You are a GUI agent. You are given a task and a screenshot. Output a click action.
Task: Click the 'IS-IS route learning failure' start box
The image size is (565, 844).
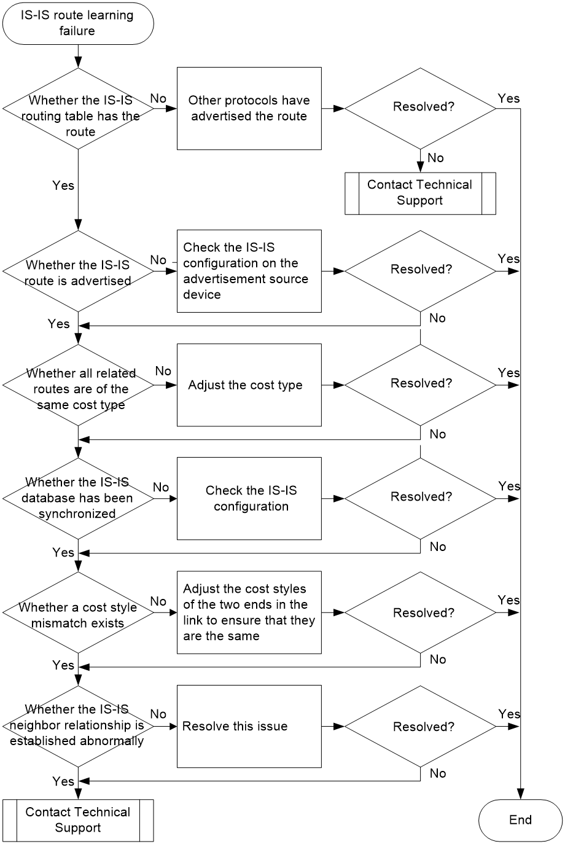pos(78,23)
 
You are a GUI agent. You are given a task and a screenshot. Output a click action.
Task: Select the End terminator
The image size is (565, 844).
pos(520,820)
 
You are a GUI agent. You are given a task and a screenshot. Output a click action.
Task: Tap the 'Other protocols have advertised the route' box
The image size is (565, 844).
pos(249,109)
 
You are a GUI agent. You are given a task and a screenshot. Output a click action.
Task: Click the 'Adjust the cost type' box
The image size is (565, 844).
pos(249,385)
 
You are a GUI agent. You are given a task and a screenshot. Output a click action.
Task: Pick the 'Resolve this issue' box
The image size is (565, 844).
pos(249,726)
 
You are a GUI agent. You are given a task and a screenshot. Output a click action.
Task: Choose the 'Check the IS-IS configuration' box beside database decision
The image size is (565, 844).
pos(249,499)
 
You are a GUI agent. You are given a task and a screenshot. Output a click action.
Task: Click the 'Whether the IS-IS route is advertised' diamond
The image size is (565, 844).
pos(78,272)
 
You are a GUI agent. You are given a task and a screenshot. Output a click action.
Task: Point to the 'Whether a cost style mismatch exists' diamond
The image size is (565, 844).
pos(78,612)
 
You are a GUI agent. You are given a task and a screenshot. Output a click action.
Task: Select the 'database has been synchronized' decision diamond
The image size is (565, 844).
pos(78,499)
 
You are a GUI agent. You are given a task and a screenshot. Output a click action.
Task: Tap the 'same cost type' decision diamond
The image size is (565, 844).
pos(78,385)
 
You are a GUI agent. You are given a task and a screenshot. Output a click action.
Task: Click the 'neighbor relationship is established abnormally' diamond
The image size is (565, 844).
pos(78,726)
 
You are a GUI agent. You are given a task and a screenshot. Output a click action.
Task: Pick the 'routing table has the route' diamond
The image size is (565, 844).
pos(78,109)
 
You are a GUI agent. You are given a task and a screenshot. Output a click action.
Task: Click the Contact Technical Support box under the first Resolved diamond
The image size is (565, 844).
pos(420,193)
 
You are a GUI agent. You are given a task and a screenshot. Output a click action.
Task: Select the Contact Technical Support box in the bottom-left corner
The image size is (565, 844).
pos(78,820)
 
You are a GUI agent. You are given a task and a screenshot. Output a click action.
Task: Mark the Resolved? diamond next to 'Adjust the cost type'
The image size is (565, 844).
pos(420,385)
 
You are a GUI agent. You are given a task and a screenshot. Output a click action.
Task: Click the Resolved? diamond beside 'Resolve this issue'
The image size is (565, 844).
pos(420,726)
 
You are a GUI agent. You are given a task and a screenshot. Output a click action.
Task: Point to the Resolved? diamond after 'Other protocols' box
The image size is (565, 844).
pos(420,109)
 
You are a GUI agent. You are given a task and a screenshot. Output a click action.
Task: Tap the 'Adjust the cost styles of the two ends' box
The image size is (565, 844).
pos(249,612)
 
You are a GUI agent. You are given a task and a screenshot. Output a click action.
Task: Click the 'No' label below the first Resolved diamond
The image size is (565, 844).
pos(435,158)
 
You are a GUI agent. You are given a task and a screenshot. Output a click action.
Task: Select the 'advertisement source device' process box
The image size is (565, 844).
pos(249,271)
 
